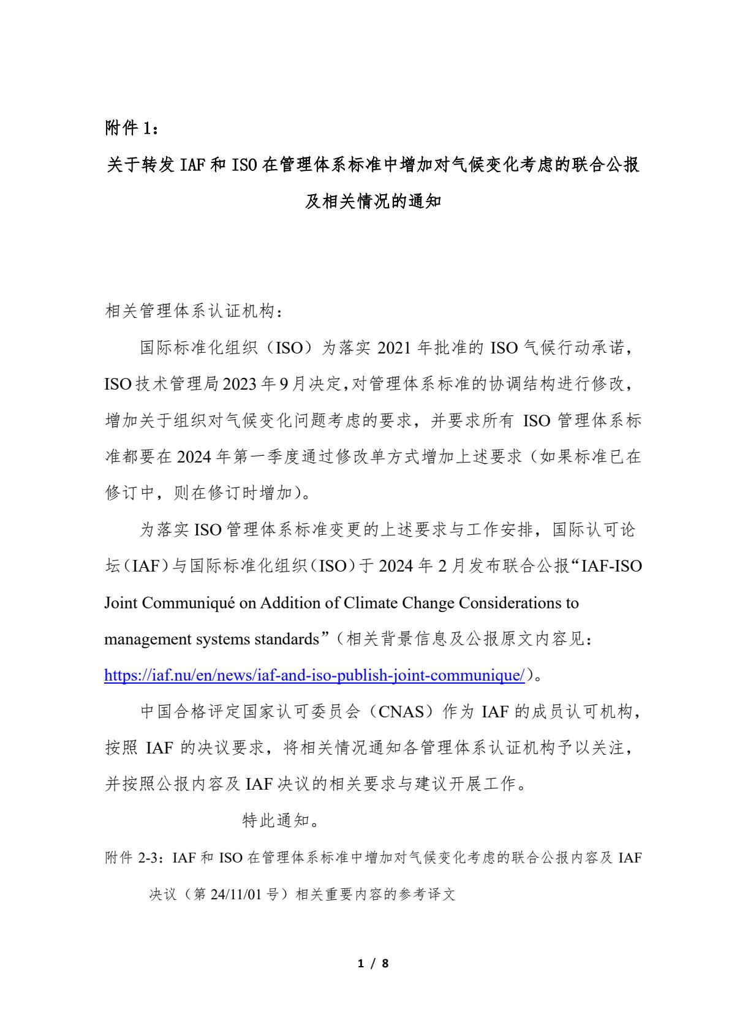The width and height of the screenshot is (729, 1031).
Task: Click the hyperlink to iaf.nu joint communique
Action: (x=314, y=675)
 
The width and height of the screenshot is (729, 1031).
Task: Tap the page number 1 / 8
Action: (x=373, y=963)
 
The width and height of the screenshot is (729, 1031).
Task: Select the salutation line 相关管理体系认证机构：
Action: (x=195, y=312)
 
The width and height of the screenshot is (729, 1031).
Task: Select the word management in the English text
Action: (x=148, y=639)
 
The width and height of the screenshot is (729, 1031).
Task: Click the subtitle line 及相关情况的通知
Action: (x=373, y=201)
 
